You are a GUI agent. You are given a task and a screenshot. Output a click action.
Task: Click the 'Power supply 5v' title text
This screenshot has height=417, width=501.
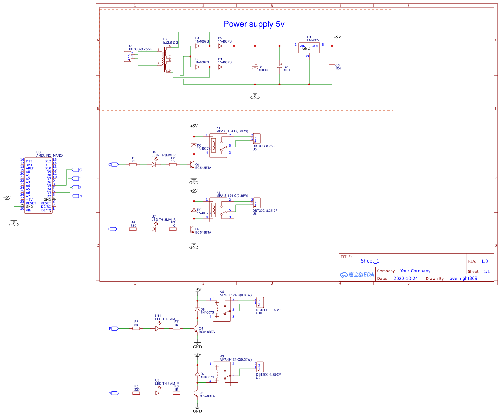click(254, 24)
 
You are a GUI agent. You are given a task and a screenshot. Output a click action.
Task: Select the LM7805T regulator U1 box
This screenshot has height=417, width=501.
click(309, 48)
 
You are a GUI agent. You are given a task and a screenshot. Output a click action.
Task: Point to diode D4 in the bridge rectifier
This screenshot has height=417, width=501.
click(197, 46)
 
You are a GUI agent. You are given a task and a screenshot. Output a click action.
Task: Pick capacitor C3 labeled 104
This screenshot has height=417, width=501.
click(332, 65)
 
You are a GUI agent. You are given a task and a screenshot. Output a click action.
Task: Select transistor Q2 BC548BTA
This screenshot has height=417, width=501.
click(192, 229)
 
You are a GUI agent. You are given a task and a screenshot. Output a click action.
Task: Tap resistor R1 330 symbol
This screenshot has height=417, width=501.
click(133, 165)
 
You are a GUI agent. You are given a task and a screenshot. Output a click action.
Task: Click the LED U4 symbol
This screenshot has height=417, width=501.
click(154, 165)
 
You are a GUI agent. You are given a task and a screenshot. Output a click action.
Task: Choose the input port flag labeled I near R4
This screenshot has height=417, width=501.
click(113, 229)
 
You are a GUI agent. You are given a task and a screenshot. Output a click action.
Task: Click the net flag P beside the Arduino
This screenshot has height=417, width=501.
click(75, 187)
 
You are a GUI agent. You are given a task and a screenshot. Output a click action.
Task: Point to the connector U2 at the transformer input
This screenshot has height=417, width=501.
click(128, 56)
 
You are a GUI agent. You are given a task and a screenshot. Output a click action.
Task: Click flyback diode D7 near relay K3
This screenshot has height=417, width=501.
click(197, 374)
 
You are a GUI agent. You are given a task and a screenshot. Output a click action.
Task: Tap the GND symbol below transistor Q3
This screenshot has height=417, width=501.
click(197, 408)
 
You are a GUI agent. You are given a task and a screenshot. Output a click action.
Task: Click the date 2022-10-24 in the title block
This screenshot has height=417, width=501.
click(405, 278)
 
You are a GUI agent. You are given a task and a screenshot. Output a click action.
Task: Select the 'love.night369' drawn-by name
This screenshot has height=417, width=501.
click(463, 278)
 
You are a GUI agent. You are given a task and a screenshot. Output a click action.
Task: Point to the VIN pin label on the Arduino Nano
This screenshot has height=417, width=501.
click(29, 210)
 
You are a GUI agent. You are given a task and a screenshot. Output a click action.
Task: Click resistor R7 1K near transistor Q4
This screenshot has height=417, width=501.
click(176, 328)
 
